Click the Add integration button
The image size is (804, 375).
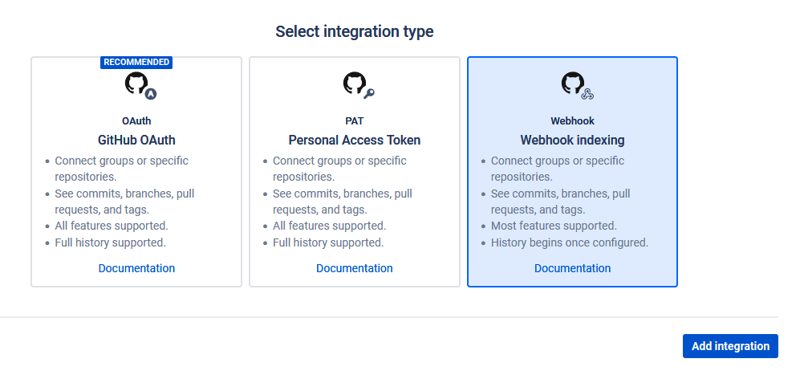point(730,346)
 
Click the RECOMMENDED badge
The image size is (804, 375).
point(136,62)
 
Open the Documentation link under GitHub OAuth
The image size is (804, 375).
point(136,268)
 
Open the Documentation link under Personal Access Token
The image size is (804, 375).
point(355,268)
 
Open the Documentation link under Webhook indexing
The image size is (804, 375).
point(572,268)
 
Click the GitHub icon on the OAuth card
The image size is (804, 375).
point(136,83)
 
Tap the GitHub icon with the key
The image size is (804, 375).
point(355,83)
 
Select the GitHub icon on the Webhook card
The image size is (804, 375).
point(573,83)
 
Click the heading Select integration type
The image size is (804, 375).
point(355,31)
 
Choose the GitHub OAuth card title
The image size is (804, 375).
point(136,140)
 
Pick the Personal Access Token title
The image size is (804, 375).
point(355,140)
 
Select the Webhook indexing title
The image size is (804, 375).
point(572,140)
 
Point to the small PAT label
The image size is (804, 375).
point(355,121)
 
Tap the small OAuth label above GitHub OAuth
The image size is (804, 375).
point(136,121)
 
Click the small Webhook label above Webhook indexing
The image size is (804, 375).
point(572,121)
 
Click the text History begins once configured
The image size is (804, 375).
point(570,243)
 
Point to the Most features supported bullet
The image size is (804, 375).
point(554,226)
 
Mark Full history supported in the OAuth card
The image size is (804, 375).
point(110,243)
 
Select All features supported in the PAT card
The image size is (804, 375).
point(329,226)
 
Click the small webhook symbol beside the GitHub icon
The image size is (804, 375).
point(587,94)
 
